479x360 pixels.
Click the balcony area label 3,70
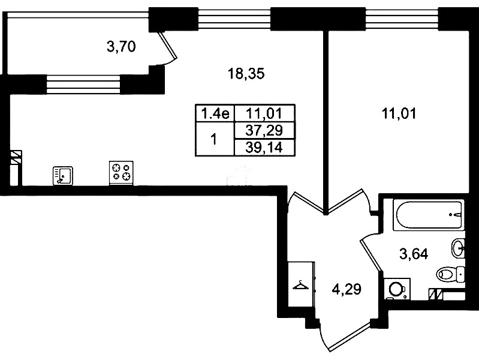tap(121, 47)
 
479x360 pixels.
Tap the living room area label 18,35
tap(246, 74)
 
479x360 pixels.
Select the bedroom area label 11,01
tap(399, 114)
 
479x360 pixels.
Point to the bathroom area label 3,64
tap(414, 254)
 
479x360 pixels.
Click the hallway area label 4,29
tap(347, 289)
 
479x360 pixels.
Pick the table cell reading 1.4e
tap(215, 114)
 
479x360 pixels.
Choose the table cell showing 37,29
tap(264, 131)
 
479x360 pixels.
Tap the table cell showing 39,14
tap(264, 148)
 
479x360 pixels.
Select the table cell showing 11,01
tap(264, 114)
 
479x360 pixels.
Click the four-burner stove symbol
tap(121, 173)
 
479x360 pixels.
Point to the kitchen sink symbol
tap(62, 176)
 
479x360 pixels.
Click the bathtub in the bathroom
tap(429, 214)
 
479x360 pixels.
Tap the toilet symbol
tap(451, 274)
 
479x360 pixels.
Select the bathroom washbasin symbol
tap(458, 248)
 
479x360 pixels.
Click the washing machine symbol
tap(397, 289)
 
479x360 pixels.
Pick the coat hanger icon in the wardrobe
tap(300, 286)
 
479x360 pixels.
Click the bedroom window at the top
tap(402, 19)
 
